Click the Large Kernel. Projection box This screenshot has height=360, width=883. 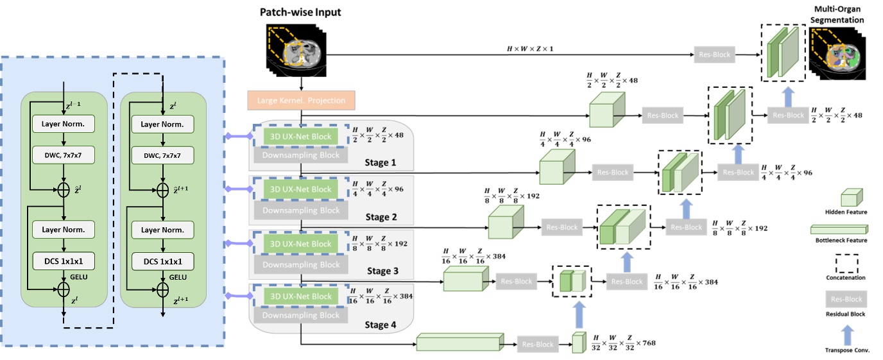(300, 100)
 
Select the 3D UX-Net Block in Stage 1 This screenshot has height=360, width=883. (300, 136)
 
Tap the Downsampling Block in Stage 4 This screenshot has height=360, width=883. (300, 315)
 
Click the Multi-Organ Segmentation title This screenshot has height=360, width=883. (838, 15)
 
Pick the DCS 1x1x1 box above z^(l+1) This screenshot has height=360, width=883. (163, 262)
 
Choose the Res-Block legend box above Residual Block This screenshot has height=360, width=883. (846, 299)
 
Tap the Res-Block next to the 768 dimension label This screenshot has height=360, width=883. (537, 345)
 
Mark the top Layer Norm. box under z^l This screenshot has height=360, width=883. (163, 123)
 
